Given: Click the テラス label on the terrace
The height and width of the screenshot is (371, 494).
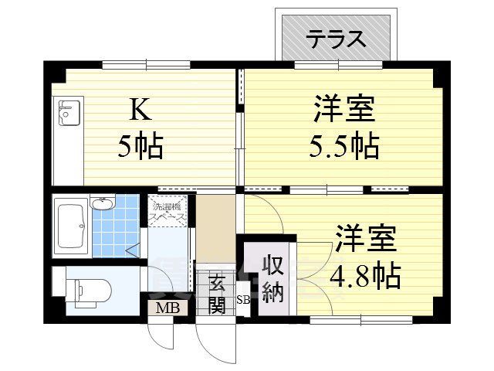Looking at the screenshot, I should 336,38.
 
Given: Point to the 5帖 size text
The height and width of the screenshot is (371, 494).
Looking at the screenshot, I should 140,146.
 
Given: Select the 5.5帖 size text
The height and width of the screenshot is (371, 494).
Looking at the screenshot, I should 344,145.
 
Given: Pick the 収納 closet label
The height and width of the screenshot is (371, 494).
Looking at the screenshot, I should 272,279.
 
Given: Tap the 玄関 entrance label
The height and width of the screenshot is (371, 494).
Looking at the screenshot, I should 216,293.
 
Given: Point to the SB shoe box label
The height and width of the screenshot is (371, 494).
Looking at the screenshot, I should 242,300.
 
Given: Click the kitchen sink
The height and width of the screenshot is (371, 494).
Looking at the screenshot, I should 69,114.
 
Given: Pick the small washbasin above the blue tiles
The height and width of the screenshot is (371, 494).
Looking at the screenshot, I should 101,204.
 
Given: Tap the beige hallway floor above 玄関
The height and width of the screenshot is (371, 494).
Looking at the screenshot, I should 215,229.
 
